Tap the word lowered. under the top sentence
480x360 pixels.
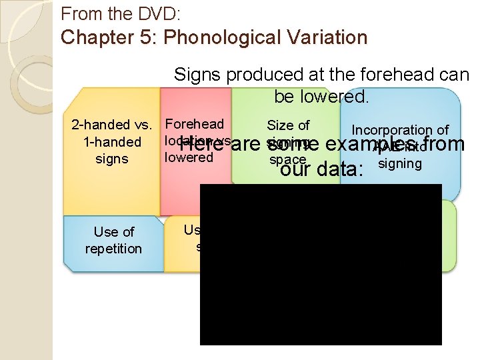pos(321,97)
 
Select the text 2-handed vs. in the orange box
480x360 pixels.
pos(112,125)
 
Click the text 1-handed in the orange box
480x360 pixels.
pos(112,142)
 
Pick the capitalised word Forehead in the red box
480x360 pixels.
pos(194,124)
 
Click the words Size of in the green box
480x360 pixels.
pos(288,125)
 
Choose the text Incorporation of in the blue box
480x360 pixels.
pos(400,131)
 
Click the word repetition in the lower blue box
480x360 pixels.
pos(113,249)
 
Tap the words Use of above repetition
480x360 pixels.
pos(113,232)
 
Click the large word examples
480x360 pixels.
pos(377,143)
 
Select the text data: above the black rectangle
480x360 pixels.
pos(340,170)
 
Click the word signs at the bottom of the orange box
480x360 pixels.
pos(112,159)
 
